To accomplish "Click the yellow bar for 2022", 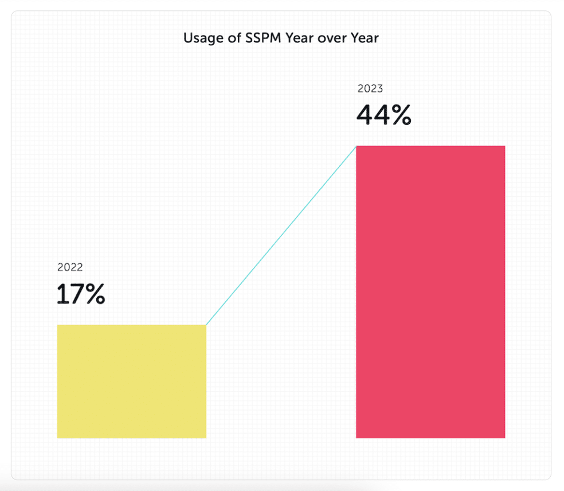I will point(131,381).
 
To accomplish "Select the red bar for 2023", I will point(430,292).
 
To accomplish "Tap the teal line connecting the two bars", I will point(281,236).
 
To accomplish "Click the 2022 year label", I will point(70,267).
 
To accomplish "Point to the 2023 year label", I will point(370,89).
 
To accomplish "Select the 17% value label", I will point(81,294).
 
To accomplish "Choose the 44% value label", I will point(383,116).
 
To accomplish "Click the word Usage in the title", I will point(198,38).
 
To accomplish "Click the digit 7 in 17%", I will point(75,294).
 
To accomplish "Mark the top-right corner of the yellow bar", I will point(205,326).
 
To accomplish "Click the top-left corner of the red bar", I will point(357,147).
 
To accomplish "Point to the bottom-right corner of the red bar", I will point(504,437).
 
